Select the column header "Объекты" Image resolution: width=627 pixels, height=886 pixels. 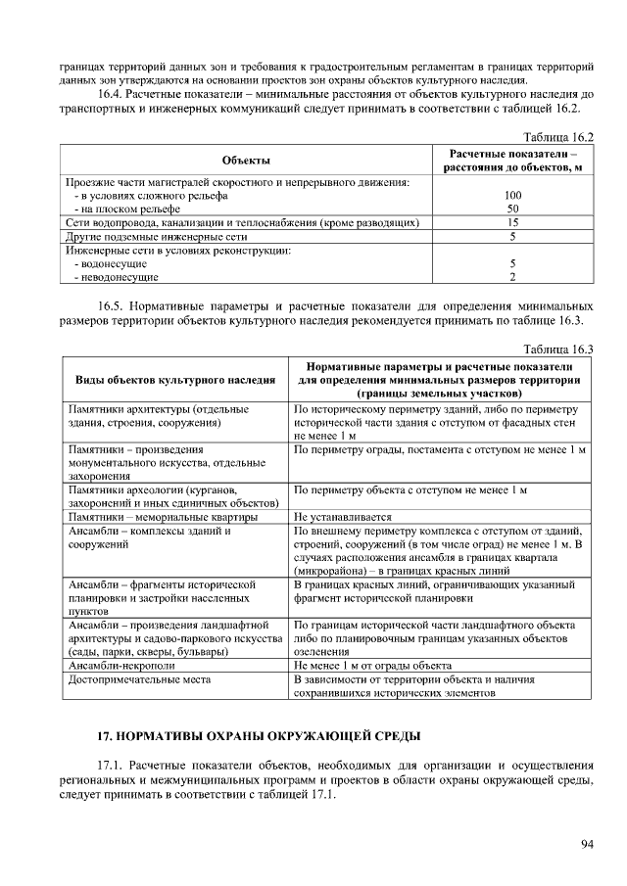tap(246, 161)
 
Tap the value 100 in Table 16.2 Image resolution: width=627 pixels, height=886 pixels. tap(512, 196)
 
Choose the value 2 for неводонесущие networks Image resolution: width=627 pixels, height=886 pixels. tap(512, 278)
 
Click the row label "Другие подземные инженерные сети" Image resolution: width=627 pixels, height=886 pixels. tap(156, 237)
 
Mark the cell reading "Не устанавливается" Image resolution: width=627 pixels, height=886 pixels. tap(343, 517)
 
